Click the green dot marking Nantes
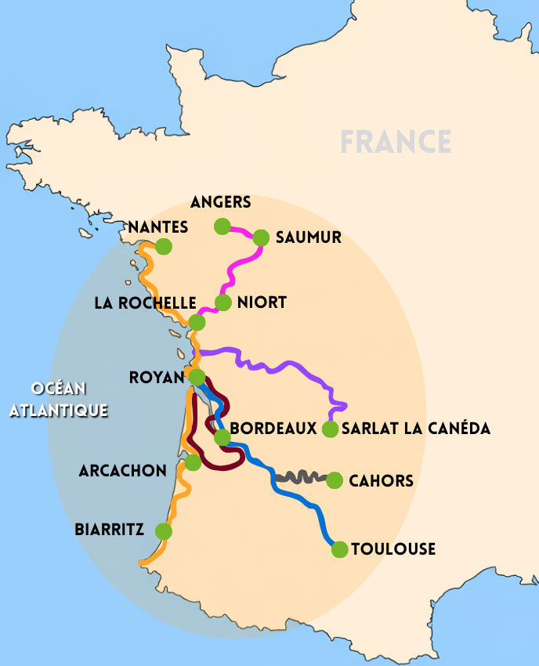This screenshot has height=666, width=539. coord(164,246)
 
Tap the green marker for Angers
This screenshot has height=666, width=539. coord(222,226)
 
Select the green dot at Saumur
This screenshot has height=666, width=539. coord(261,238)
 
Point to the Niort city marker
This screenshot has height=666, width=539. coord(223,302)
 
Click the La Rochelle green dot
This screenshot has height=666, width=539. coord(197,322)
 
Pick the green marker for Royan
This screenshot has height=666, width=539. coord(197,377)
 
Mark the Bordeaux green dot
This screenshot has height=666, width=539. coord(222,436)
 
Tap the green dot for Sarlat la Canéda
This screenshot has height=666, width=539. coord(330,429)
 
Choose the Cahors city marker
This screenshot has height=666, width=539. coord(335,480)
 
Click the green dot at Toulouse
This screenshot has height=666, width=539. coord(339,549)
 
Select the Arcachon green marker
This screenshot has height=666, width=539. coord(193,462)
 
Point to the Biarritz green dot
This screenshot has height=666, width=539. coord(164,531)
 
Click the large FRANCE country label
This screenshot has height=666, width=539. coord(396,142)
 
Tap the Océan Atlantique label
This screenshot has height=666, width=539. coord(58,399)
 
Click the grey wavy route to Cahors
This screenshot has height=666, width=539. coord(302,476)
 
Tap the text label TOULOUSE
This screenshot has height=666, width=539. coord(393,549)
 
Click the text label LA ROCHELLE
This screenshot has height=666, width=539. coord(145,302)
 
